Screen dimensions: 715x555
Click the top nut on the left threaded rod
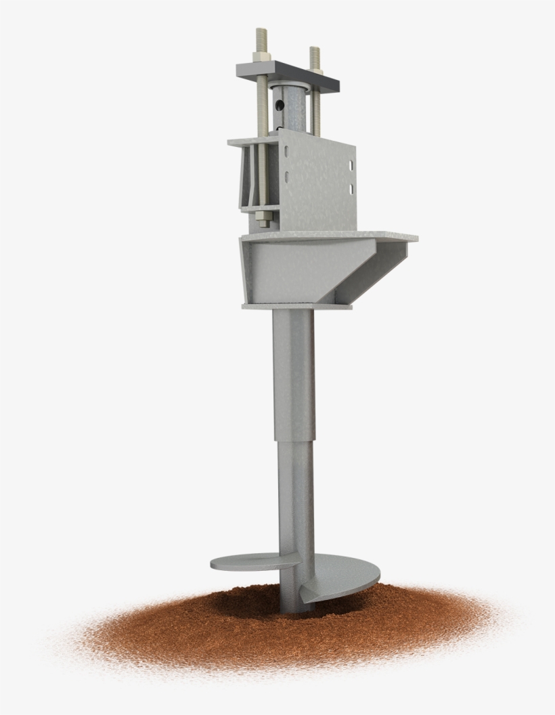click(x=261, y=57)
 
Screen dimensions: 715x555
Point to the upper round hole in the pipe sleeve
click(x=278, y=105)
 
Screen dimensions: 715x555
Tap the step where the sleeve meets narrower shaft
click(x=294, y=441)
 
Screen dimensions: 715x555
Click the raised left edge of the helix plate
click(x=220, y=562)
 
